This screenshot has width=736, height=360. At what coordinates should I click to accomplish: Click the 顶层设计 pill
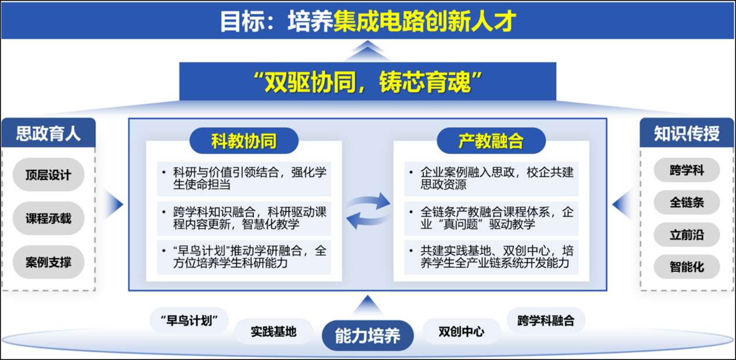tap(49, 174)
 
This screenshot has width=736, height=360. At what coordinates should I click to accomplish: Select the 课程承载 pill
tap(49, 218)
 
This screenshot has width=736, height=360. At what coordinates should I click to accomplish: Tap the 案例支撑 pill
tap(49, 262)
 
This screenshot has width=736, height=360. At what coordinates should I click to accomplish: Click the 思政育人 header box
tap(49, 133)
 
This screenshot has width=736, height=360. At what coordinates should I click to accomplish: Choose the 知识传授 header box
tap(687, 133)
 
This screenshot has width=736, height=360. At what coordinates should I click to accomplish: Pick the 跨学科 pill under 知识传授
tap(687, 170)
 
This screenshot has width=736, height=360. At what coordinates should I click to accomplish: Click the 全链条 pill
tap(687, 202)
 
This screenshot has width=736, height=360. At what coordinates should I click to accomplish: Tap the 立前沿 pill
tap(687, 235)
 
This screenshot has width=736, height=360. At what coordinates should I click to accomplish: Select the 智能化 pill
tap(687, 267)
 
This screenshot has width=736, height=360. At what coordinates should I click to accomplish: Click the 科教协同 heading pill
tap(244, 141)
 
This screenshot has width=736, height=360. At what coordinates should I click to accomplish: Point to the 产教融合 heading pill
tap(491, 141)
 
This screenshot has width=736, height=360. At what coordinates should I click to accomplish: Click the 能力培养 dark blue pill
tap(368, 336)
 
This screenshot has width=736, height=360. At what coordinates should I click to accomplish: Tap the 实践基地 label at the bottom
tap(273, 332)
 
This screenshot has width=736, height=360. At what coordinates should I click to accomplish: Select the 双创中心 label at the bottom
tap(461, 332)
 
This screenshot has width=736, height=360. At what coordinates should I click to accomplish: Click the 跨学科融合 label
tap(546, 320)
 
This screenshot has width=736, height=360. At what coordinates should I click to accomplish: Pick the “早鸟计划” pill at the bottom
tap(189, 320)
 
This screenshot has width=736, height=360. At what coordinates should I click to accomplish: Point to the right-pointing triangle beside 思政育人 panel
tap(114, 204)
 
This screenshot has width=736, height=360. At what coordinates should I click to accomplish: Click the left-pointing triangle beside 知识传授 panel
tap(622, 204)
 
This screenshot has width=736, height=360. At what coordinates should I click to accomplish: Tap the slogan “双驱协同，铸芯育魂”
tap(368, 82)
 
